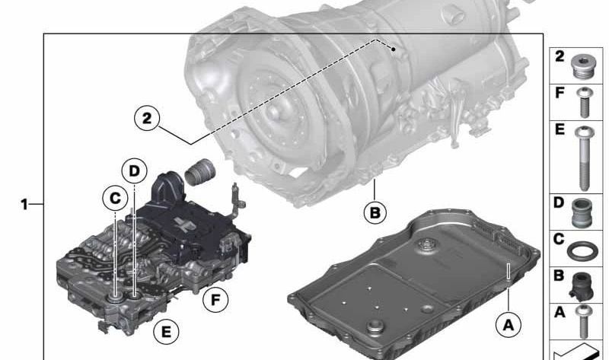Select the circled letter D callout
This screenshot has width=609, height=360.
pos(134,171)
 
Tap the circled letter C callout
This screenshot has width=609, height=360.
pos(114,198)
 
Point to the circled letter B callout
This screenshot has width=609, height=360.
pos(374,213)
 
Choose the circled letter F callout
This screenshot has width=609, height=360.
pos(215,299)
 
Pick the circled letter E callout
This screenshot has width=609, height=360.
pos(164,331)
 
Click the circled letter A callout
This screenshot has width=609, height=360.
pos(508,324)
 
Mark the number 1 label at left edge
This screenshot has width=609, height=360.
pos(25,204)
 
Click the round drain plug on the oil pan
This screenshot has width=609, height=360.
pos(375,329)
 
